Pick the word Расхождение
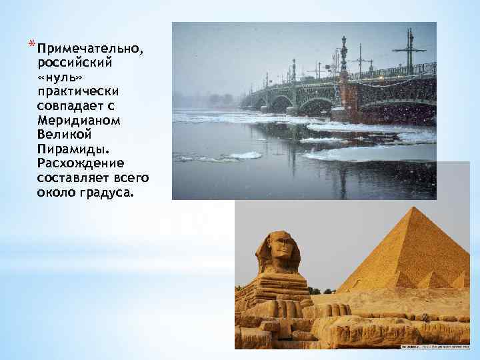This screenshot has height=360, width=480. (x=81, y=163)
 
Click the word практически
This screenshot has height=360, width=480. (x=79, y=91)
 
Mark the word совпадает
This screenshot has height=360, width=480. (x=71, y=106)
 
